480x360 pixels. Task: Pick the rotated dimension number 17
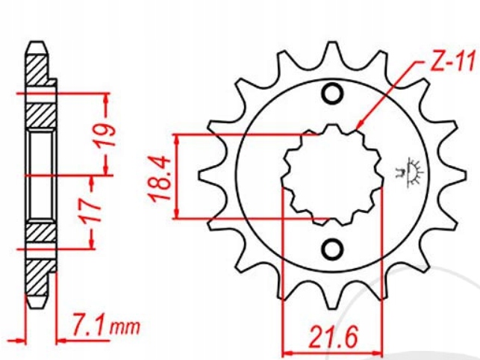pos(91,211)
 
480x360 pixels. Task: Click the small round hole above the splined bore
pos(331,95)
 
